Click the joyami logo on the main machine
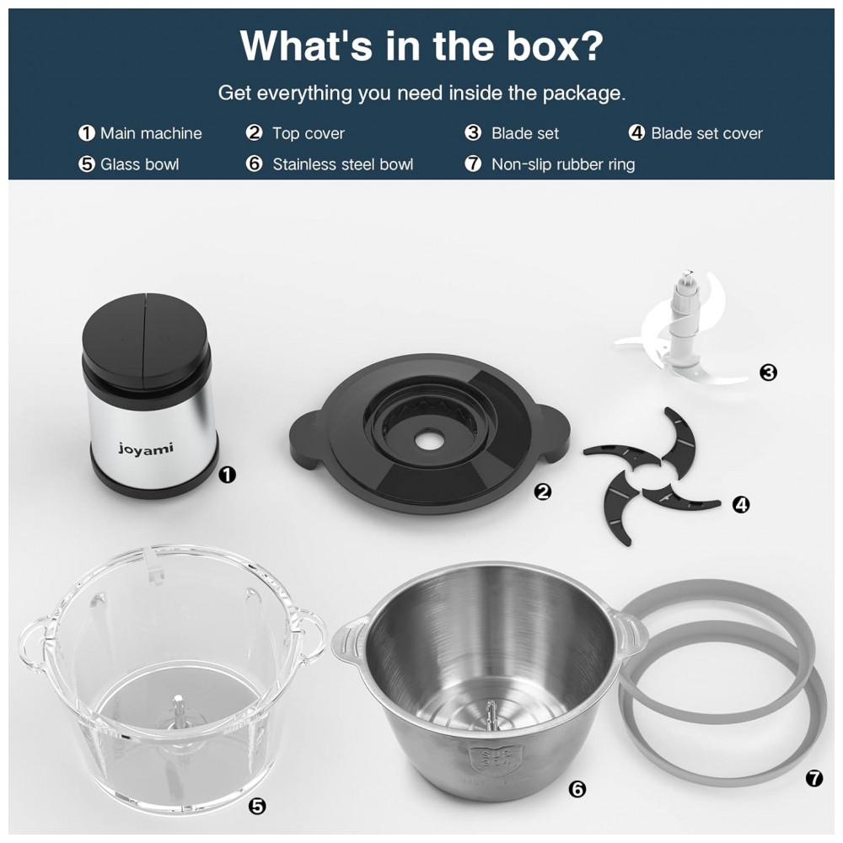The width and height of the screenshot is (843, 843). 146,448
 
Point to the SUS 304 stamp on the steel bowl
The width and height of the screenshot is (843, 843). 485,759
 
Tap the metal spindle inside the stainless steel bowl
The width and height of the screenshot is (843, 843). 491,716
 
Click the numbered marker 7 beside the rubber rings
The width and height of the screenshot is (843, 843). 814,778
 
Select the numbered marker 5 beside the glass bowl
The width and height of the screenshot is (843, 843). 258,806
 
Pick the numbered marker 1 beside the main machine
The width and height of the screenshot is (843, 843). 228,475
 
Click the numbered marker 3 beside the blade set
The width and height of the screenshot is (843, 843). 768,372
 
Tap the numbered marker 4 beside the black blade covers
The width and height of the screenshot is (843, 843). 741,504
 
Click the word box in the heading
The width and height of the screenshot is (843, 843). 555,46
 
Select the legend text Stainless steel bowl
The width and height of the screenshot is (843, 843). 343,164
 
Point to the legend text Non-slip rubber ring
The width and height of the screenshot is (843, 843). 563,164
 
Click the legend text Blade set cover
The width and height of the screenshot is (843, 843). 706,133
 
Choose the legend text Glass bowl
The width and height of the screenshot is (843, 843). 139,164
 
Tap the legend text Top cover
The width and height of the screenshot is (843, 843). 308,133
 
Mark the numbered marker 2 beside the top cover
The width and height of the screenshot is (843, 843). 543,491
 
